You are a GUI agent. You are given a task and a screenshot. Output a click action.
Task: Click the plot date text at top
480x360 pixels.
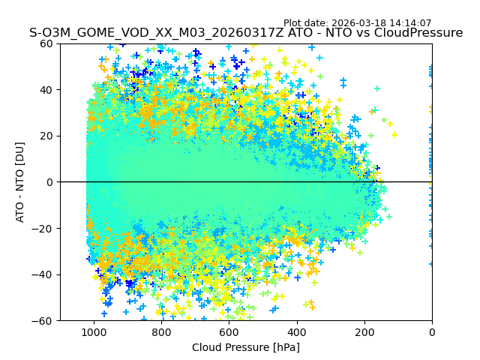pos(357,23)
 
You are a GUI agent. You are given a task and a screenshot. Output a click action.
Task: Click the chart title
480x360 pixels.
pos(246,33)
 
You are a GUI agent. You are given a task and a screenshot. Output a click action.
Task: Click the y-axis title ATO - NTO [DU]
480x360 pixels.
pos(20,181)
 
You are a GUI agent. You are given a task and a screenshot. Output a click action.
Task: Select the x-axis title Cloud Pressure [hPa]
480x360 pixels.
pos(246,347)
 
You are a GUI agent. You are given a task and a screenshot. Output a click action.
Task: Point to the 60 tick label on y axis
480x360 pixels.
pos(46,43)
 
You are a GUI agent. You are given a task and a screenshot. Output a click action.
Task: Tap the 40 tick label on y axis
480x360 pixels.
pos(46,90)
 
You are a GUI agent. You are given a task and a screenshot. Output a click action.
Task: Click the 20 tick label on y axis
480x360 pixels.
pos(46,136)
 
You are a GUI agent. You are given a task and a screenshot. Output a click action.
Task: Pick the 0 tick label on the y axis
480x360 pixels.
pos(49,182)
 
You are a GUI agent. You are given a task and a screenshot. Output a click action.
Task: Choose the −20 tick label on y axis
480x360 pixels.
pos(43,228)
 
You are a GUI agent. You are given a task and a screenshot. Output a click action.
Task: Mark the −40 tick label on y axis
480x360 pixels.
pos(43,274)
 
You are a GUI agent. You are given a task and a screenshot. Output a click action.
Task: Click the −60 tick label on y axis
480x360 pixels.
pos(43,320)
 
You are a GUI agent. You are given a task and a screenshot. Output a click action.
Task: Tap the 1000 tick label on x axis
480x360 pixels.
pos(94,331)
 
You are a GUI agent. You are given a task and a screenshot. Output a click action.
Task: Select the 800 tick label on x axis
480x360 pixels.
pos(161,331)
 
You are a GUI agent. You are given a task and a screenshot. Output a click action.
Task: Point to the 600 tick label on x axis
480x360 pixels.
pos(229,331)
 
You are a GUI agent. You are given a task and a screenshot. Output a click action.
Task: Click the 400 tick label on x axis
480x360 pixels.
pos(297,331)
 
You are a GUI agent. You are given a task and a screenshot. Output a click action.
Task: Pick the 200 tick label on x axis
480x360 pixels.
pos(364,331)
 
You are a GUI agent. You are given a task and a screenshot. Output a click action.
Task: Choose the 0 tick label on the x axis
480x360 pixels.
pos(432,331)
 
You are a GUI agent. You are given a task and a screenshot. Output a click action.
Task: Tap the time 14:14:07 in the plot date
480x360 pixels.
pos(410,23)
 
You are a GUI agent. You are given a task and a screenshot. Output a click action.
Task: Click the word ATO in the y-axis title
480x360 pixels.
pos(20,212)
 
